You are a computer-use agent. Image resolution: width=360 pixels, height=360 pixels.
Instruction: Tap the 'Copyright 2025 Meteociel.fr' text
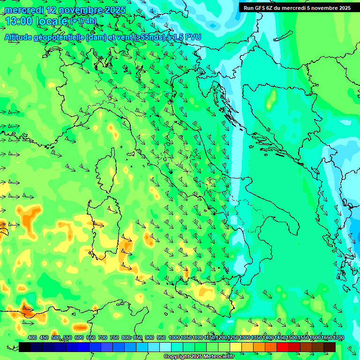tap(199, 357)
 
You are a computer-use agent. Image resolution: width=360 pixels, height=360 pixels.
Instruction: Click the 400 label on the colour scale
tap(32, 337)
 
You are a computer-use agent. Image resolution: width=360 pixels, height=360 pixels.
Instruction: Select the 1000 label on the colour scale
tap(174, 337)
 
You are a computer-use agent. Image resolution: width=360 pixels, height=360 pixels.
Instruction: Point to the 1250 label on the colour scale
tap(233, 337)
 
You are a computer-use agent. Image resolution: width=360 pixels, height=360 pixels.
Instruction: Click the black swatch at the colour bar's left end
tap(25, 347)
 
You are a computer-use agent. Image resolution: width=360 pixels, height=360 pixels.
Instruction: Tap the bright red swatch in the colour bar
tap(283, 347)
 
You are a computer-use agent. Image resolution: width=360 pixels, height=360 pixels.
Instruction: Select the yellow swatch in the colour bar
tap(236, 347)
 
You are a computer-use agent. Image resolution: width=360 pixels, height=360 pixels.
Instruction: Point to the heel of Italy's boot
tap(288, 223)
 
